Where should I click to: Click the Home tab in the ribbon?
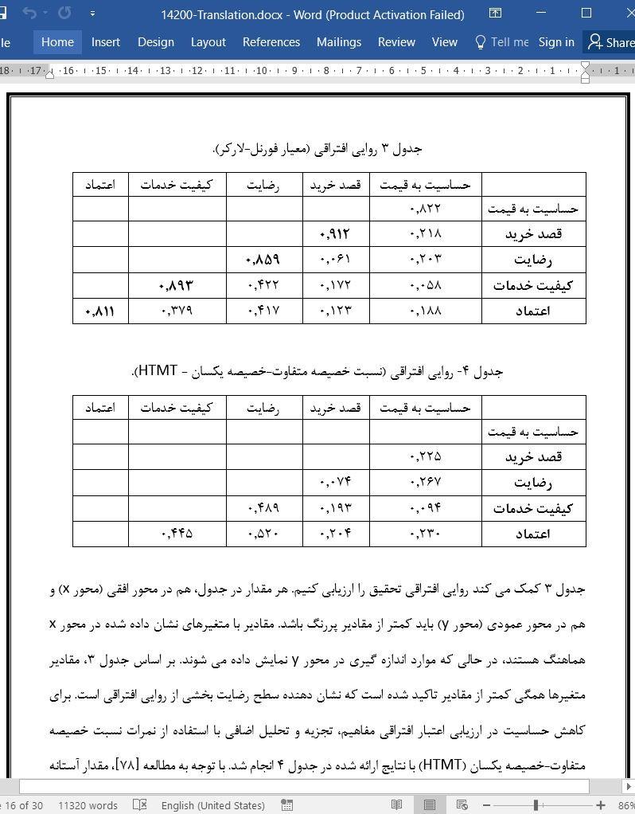[x=57, y=42]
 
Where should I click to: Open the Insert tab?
[x=106, y=42]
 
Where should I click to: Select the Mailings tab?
[x=338, y=42]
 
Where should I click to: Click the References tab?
[x=271, y=42]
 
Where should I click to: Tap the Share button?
[x=611, y=42]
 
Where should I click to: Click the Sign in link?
[x=556, y=42]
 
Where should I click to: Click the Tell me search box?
[x=502, y=42]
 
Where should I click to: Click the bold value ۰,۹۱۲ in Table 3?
[x=334, y=234]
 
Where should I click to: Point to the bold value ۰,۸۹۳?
[x=176, y=285]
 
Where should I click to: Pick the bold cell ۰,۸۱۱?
[x=99, y=311]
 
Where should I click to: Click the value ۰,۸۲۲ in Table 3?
[x=425, y=209]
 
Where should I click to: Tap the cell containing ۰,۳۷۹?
[x=177, y=311]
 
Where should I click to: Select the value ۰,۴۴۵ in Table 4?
[x=177, y=534]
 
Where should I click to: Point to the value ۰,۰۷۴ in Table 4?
[x=335, y=483]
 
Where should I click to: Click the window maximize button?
[x=586, y=14]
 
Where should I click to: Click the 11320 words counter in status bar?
[x=88, y=805]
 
